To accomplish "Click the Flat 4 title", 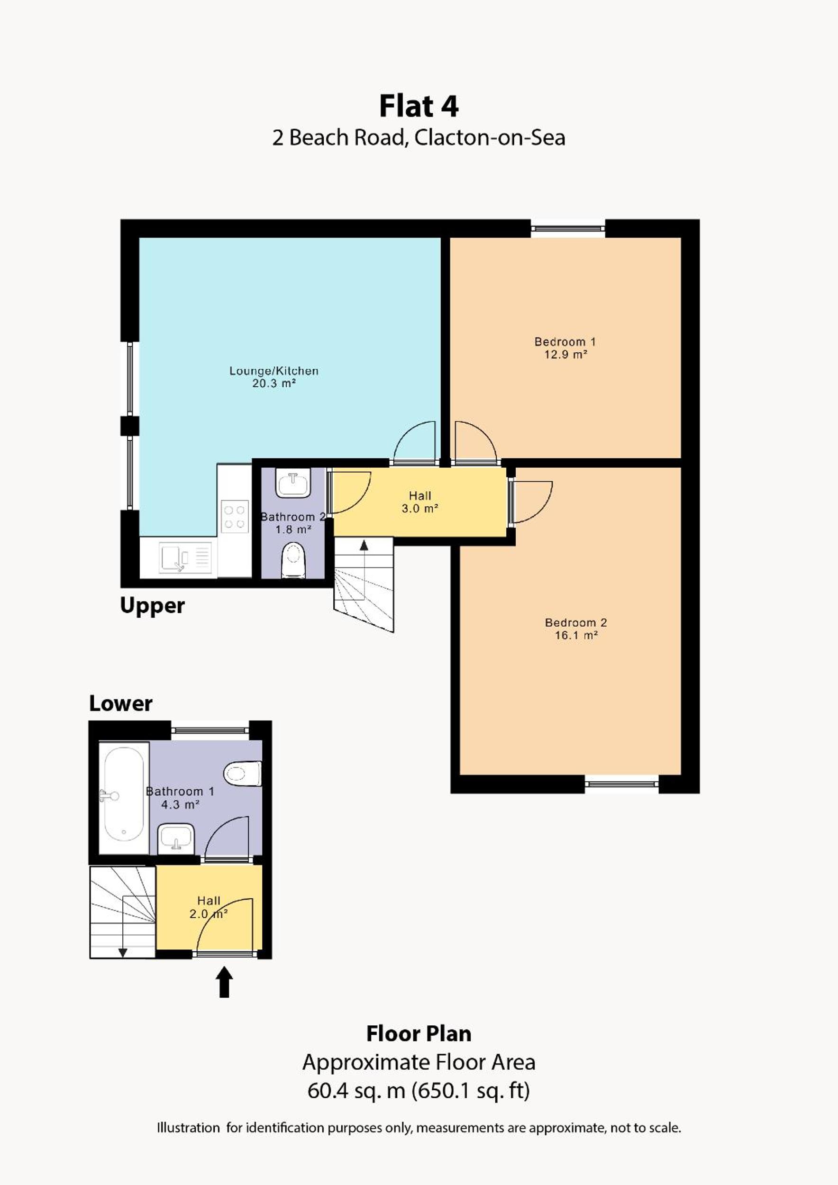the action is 419,106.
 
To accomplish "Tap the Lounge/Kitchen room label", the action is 273,371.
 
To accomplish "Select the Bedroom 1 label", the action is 565,341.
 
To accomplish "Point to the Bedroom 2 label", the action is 576,622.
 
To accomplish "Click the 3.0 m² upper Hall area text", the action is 420,509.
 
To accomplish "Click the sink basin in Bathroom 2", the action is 293,483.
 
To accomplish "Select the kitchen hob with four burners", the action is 234,517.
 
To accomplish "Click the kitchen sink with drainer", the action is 185,557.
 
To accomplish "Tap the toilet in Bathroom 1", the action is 243,773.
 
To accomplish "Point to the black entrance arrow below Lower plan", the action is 224,982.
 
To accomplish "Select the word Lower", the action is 121,703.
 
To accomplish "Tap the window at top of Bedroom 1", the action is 568,228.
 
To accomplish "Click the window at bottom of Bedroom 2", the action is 622,784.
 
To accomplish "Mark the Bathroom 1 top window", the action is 209,730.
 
